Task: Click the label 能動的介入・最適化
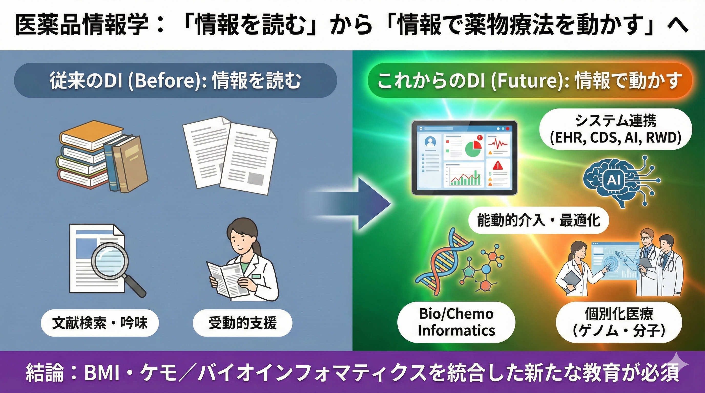[x=538, y=220]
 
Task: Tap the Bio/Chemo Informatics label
[x=456, y=322]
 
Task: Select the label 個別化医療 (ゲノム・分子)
[x=618, y=322]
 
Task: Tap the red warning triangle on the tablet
[x=497, y=165]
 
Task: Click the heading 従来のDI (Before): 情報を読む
[x=175, y=81]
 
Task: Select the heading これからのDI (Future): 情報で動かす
[x=528, y=81]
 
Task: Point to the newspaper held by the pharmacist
[x=224, y=279]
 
